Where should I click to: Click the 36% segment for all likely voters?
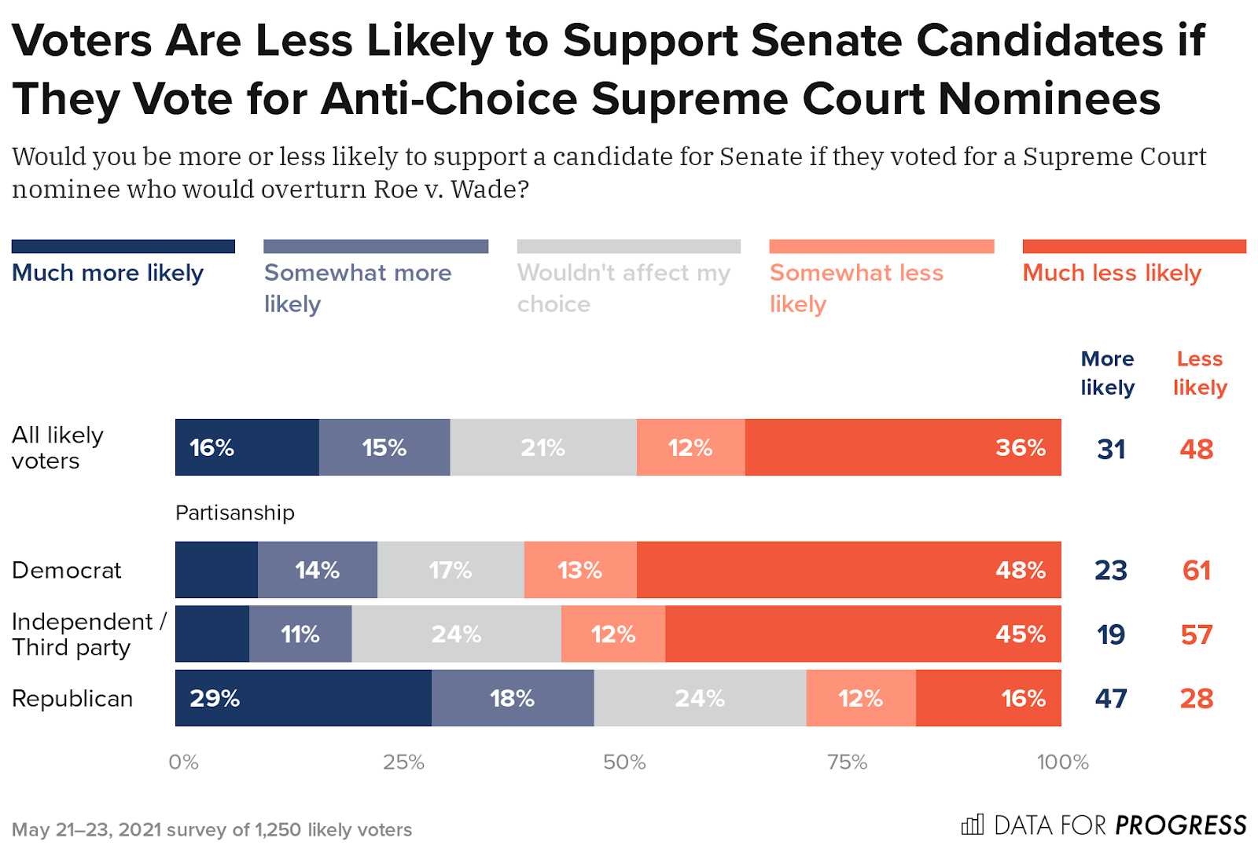903,447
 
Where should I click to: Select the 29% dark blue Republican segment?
303,698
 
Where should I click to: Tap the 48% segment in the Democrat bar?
848,570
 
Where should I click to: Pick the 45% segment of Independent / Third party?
863,634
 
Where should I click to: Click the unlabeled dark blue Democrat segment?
216,570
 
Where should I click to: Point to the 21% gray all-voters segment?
543,447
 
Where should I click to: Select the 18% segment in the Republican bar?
512,698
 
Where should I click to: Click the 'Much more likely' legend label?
108,273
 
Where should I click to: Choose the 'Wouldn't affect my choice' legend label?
623,288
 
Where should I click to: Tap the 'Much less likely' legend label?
1112,273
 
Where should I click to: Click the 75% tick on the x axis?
847,762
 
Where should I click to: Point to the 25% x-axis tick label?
403,762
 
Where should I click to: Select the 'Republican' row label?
72,698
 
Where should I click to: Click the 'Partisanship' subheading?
234,513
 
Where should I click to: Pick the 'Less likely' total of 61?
1196,570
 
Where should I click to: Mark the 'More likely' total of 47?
1111,698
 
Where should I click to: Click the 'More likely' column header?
1107,373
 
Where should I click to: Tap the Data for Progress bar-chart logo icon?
973,825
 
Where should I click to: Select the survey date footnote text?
212,829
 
